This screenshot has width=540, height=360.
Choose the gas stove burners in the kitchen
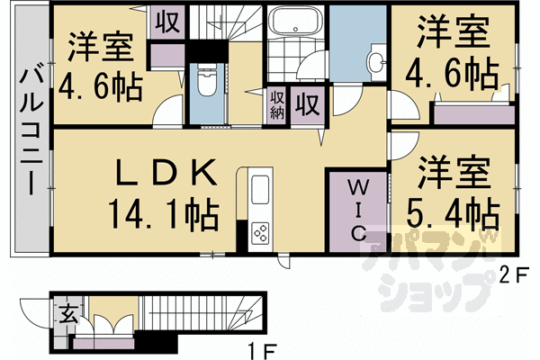260,233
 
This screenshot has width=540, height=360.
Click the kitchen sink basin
259,191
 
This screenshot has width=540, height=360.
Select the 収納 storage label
276,104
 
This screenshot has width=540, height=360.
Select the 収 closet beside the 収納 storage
307,104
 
